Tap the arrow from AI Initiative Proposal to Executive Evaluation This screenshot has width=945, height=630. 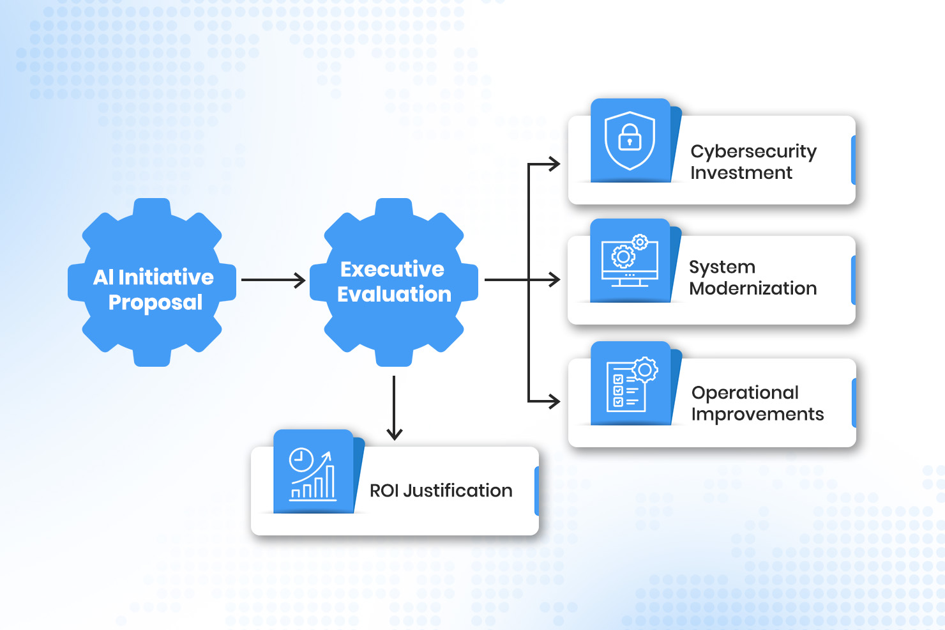273,280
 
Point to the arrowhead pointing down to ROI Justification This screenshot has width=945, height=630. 395,434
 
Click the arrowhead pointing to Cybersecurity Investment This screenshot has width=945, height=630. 554,164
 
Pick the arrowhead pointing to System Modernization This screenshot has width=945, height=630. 554,279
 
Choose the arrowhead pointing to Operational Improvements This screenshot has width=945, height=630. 554,401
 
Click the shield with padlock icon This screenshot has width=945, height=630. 630,141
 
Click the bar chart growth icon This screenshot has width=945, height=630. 312,473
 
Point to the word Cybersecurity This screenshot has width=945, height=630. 753,151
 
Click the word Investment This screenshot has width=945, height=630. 741,173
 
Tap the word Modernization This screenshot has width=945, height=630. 753,289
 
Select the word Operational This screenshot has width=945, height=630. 745,392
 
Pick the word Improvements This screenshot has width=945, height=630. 757,415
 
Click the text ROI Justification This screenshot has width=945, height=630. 441,491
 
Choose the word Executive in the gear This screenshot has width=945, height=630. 392,269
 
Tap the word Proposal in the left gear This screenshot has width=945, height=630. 155,302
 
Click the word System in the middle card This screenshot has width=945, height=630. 722,267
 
